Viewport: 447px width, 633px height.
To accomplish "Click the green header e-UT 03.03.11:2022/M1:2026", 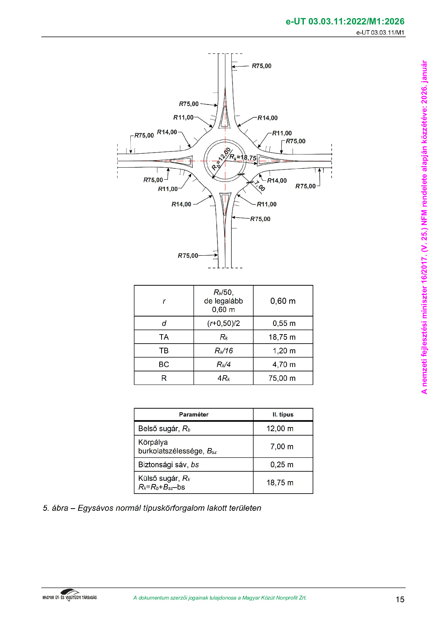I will click(x=345, y=21).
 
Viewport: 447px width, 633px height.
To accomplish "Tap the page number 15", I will click(x=400, y=599).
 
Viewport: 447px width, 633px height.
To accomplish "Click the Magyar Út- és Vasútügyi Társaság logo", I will click(x=69, y=595).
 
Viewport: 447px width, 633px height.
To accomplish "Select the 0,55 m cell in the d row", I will click(x=284, y=323).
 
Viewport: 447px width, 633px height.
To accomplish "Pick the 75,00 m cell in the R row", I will click(x=282, y=378).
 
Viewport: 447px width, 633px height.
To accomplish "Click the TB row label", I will click(x=164, y=351).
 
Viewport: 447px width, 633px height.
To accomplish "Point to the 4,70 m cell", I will click(x=284, y=365).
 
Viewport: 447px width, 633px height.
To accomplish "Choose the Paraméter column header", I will click(x=193, y=414).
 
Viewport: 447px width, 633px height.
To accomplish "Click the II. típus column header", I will click(x=283, y=414).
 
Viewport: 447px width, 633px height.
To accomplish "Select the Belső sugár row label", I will click(x=164, y=429).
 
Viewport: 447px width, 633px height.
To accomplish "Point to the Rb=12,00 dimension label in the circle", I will click(x=221, y=159).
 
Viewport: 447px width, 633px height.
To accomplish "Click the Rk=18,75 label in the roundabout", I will click(x=243, y=157).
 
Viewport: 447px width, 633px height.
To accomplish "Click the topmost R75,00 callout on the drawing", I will click(x=261, y=66).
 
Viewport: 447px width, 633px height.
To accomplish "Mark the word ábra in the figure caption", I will click(x=60, y=508).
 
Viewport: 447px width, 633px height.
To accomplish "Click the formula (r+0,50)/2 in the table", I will click(x=223, y=323).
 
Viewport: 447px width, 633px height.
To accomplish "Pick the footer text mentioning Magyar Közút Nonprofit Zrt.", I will click(x=220, y=598).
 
